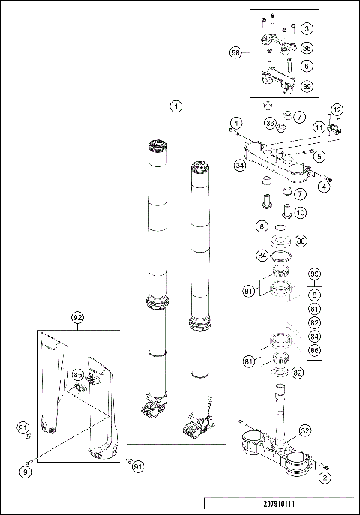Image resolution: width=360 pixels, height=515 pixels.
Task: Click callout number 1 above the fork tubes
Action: pos(176,106)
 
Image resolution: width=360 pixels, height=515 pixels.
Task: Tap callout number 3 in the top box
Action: pos(307,29)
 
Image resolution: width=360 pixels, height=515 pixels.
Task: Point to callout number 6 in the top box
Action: pos(307,66)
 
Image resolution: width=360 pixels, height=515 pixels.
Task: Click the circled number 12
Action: pos(337,110)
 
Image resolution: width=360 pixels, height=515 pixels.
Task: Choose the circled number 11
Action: pos(318,129)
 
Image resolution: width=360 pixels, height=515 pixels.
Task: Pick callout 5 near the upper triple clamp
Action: pos(319,157)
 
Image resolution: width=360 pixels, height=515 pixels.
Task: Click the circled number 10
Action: pos(300,212)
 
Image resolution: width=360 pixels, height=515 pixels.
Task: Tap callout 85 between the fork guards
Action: pos(78,373)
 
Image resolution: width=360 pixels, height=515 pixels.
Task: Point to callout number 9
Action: pos(27,472)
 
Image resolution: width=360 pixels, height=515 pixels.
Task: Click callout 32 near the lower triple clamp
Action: pos(305,431)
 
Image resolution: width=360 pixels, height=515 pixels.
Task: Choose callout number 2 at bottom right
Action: pos(325,476)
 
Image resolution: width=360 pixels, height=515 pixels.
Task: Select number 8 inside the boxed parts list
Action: pos(316,297)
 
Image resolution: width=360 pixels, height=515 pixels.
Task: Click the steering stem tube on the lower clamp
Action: pos(280,409)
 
